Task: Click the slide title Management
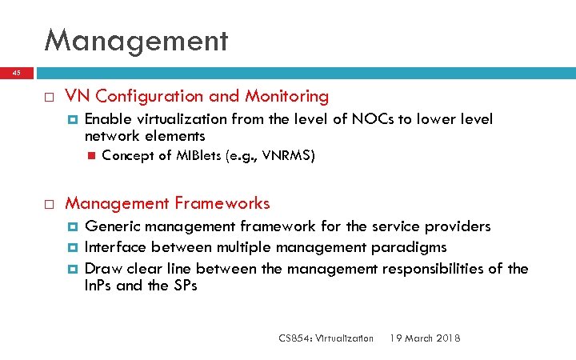click(x=136, y=39)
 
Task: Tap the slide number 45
click(x=15, y=73)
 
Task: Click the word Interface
click(x=115, y=247)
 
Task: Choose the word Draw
click(x=101, y=268)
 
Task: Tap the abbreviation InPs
click(x=98, y=286)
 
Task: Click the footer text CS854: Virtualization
click(x=326, y=338)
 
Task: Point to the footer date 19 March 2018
click(x=425, y=338)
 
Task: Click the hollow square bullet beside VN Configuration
click(x=49, y=98)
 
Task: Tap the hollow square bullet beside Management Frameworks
click(x=49, y=204)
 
